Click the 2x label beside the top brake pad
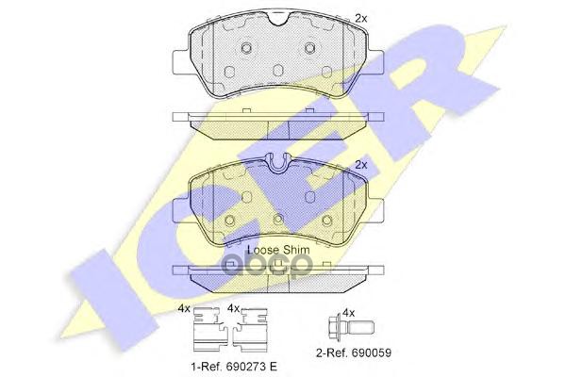pos(361,19)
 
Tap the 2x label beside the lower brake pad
pos(361,165)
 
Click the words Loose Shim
pos(278,250)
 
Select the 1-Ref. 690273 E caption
pos(234,367)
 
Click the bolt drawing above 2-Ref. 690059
pos(352,328)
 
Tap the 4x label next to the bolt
pos(348,313)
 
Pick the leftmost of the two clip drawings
pos(209,330)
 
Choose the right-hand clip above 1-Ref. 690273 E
pos(250,330)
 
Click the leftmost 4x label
pos(184,309)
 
